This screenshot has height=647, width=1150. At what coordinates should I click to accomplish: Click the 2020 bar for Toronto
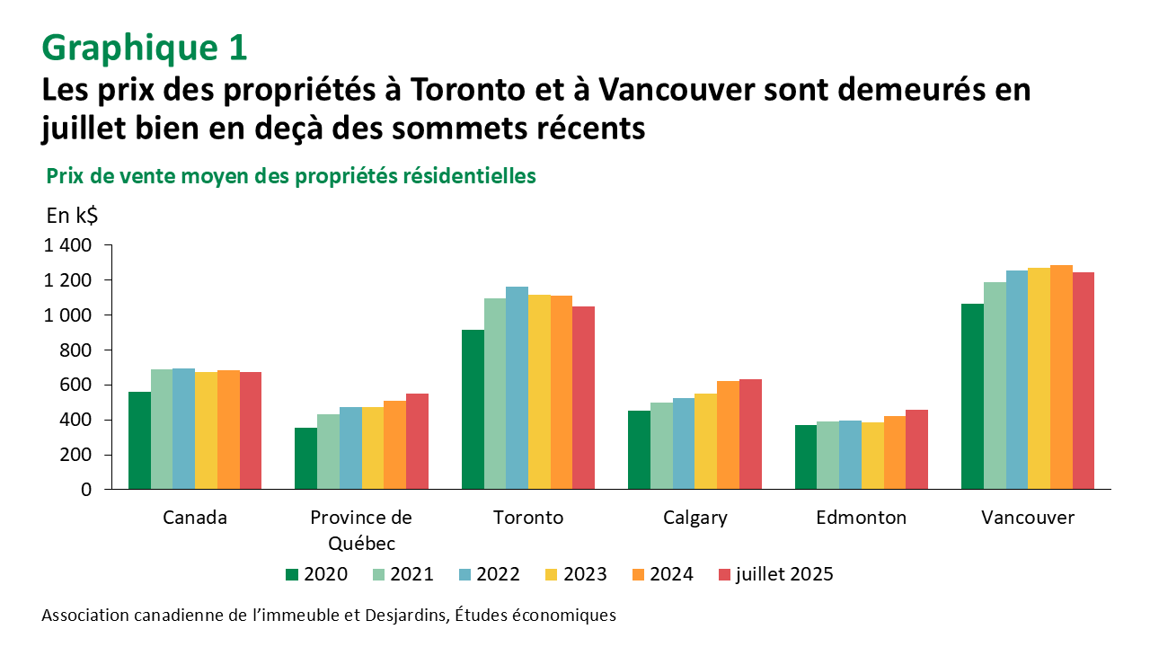473,410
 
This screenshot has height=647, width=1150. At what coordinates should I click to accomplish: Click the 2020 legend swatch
291,574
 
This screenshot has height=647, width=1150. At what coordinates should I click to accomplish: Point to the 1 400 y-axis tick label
69,245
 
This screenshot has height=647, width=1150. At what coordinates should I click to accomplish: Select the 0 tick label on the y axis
86,490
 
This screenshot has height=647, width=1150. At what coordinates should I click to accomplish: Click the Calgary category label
694,518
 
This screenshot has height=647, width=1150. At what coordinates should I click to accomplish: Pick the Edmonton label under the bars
861,518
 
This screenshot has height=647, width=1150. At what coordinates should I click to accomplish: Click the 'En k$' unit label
72,216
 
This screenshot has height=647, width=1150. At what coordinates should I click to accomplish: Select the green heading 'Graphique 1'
144,48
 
